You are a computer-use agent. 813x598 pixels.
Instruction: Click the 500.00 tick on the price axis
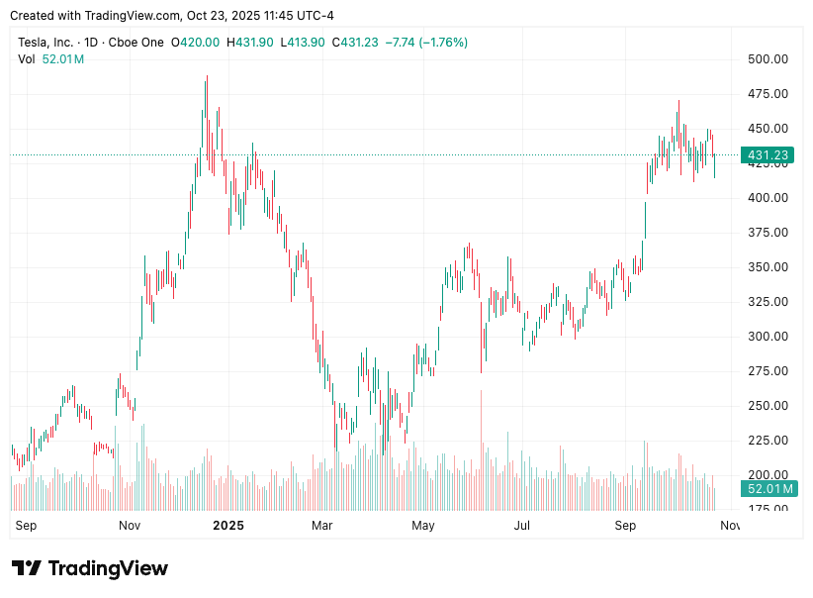[x=768, y=59]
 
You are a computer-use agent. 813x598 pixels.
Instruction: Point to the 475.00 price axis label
[x=768, y=94]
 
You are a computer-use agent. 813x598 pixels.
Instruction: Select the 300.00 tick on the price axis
[x=768, y=337]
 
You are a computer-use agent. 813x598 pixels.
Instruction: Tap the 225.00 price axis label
[x=768, y=441]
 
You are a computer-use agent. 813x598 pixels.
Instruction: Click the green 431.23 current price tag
[x=768, y=155]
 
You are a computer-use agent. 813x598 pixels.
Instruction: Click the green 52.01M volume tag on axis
[x=768, y=489]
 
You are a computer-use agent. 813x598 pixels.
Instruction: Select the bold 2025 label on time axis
[x=228, y=526]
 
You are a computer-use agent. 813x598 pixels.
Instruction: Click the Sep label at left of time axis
[x=26, y=526]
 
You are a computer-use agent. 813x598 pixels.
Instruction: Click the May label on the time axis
[x=423, y=526]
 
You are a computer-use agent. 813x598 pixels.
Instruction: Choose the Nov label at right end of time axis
[x=729, y=526]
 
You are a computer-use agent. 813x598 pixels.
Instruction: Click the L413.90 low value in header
[x=304, y=43]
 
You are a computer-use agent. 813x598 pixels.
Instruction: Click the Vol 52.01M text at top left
[x=51, y=59]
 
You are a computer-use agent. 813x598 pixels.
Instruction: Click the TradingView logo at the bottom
[x=90, y=568]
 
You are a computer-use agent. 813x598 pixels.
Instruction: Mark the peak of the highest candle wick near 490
[x=206, y=76]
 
